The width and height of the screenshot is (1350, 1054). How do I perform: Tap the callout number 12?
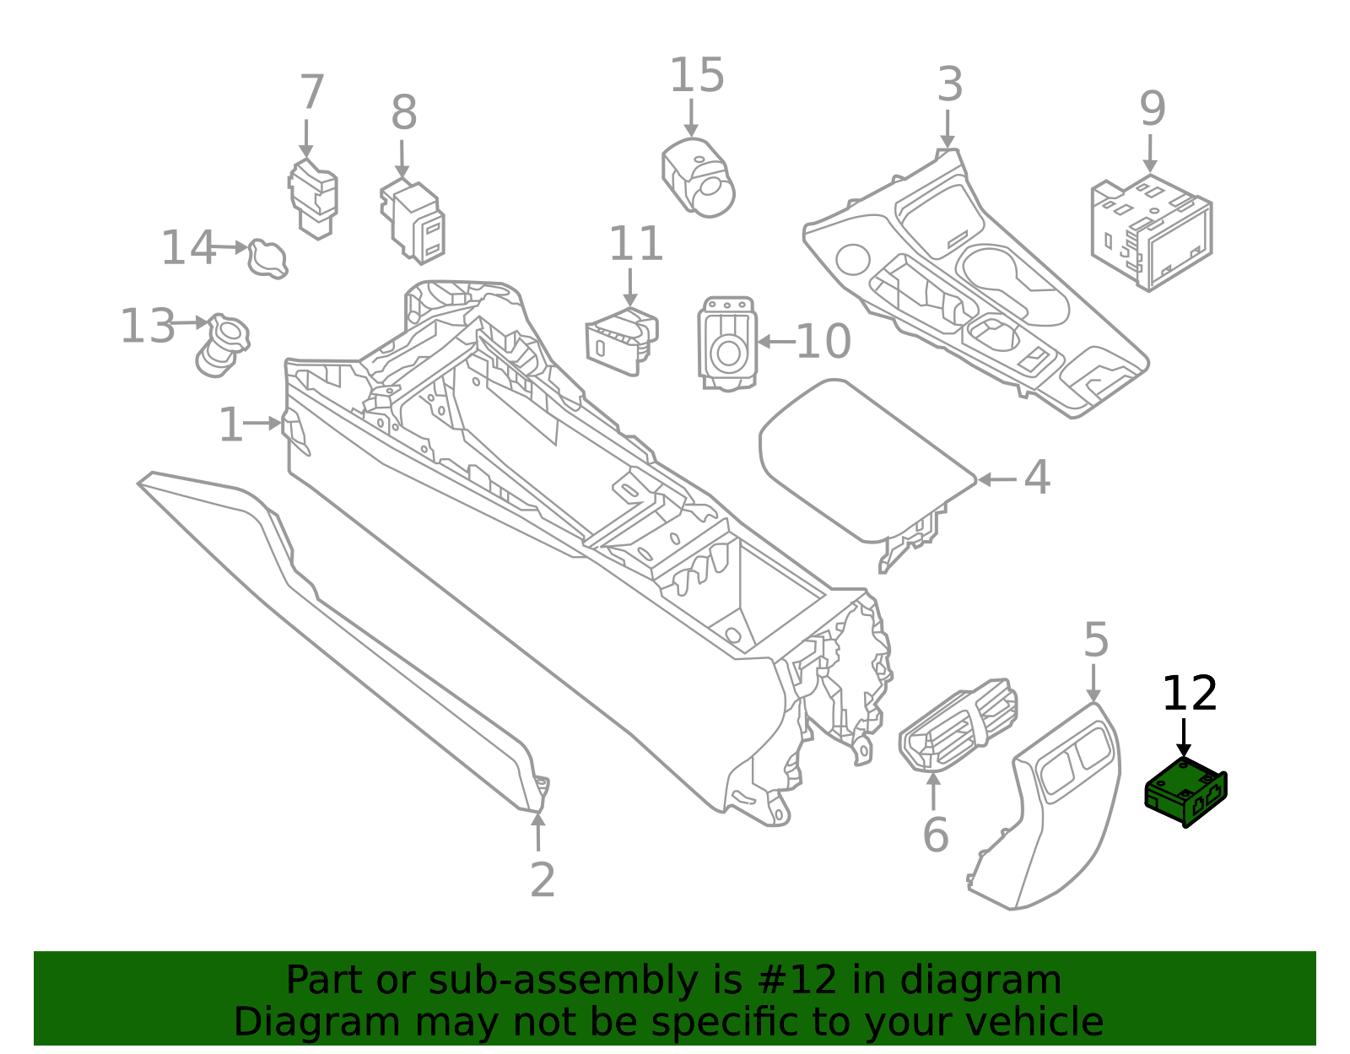pos(1189,695)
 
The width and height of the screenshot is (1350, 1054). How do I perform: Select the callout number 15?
pos(696,76)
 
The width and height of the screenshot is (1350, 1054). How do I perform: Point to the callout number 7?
pos(311,92)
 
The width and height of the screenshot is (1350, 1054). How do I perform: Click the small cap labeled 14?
pos(267,258)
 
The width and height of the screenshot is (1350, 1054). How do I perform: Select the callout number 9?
pos(1152,109)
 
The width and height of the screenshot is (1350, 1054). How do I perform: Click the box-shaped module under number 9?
pos(1151,232)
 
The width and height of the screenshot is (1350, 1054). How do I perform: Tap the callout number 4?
pos(1037,478)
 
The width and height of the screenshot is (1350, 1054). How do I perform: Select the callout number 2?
pos(543,880)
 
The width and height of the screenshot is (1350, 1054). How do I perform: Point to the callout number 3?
pos(950,85)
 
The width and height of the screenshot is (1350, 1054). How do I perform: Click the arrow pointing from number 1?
pos(262,423)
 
